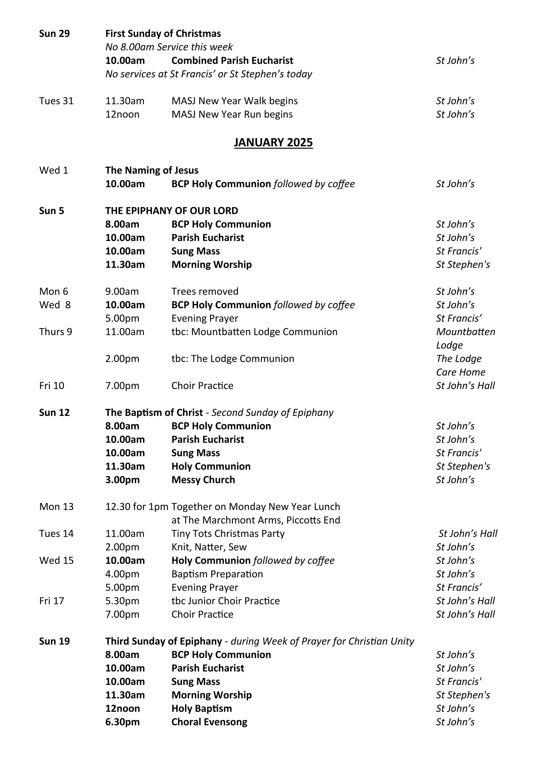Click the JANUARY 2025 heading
click(x=273, y=143)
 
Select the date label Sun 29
click(x=54, y=34)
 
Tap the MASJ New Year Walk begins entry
click(x=235, y=101)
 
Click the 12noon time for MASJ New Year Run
click(x=122, y=115)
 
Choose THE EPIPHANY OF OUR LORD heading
click(x=171, y=211)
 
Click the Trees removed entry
click(x=205, y=291)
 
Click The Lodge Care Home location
click(x=460, y=365)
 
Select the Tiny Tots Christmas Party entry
click(x=228, y=534)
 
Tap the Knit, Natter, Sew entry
click(x=209, y=547)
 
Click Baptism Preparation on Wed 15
click(x=217, y=574)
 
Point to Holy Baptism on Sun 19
click(x=201, y=708)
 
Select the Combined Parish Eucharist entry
click(x=232, y=61)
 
